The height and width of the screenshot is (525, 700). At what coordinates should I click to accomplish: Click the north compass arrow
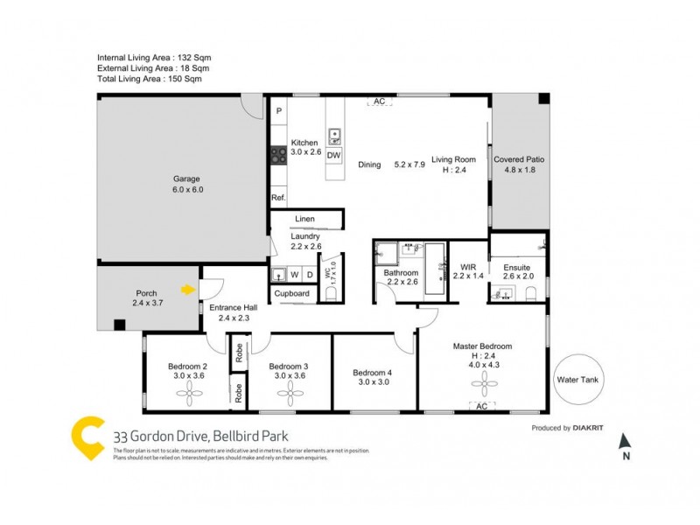[x=624, y=442]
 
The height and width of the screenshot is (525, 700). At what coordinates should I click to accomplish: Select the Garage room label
[x=187, y=178]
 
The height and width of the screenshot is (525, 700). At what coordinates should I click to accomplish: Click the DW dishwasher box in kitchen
[x=334, y=155]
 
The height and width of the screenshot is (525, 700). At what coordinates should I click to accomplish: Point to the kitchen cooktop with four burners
[x=279, y=155]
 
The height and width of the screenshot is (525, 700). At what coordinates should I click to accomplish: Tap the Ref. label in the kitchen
[x=278, y=198]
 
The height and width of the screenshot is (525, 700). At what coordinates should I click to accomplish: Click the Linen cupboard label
[x=304, y=219]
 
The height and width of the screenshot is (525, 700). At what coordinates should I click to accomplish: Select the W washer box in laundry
[x=295, y=275]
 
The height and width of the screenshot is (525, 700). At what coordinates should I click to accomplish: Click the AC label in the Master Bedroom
[x=481, y=406]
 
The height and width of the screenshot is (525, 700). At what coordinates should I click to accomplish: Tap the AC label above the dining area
[x=380, y=102]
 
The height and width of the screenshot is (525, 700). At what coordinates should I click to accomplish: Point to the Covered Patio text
[x=519, y=159]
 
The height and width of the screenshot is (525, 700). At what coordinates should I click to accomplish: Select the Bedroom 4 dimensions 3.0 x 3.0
[x=372, y=382]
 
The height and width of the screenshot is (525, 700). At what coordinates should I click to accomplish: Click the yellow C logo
[x=87, y=437]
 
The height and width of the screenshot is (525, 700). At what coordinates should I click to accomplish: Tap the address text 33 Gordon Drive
[x=200, y=435]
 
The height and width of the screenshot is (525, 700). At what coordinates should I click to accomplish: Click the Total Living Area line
[x=150, y=79]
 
